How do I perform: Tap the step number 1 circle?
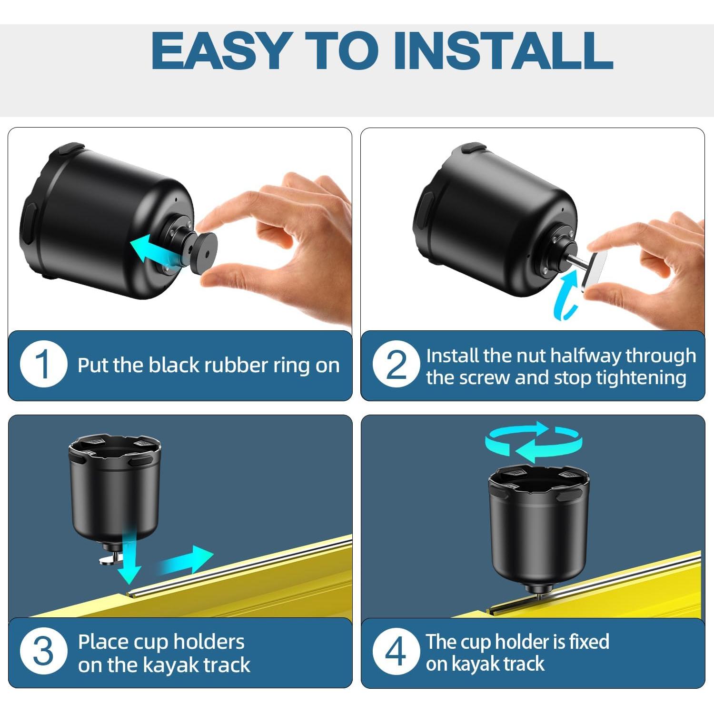point(43,365)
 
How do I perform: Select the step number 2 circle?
point(396,365)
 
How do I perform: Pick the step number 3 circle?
point(43,652)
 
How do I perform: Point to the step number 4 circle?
point(396,652)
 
